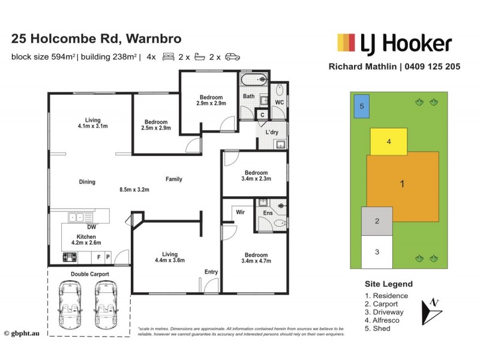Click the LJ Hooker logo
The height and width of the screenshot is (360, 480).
tap(394, 43)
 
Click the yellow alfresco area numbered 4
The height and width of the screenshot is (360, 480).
tap(389, 142)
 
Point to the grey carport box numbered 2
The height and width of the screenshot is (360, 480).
tap(377, 221)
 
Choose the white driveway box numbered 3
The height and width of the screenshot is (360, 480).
tap(377, 251)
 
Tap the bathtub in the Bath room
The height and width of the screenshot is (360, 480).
tap(254, 80)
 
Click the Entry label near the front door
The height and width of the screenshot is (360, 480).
tap(211, 272)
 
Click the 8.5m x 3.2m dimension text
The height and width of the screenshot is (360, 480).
tap(134, 190)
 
